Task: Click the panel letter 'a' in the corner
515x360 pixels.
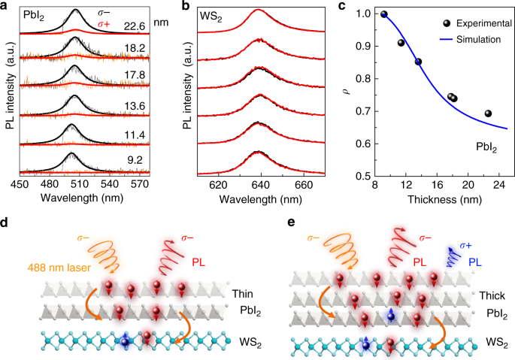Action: click(x=5, y=7)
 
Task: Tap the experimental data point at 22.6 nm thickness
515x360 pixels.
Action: click(x=488, y=113)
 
